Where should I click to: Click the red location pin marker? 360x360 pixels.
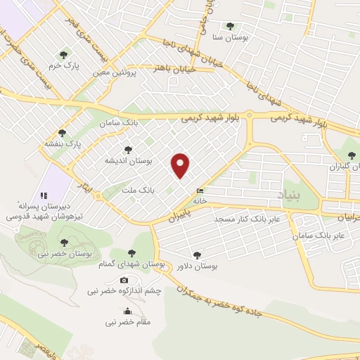(181, 165)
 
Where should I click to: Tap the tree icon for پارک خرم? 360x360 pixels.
(65, 54)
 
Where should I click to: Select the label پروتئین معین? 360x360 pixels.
(114, 72)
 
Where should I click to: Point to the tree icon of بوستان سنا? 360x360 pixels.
(230, 26)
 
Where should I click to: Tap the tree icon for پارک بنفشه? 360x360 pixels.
(62, 132)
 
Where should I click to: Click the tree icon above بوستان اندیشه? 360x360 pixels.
(127, 149)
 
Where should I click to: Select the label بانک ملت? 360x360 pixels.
(137, 191)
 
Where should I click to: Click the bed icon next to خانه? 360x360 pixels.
(201, 191)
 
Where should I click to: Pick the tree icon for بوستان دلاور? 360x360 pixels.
(196, 255)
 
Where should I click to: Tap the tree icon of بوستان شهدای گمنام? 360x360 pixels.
(131, 253)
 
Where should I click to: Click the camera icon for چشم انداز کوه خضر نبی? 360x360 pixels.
(124, 280)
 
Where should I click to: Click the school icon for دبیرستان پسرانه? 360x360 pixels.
(43, 195)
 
